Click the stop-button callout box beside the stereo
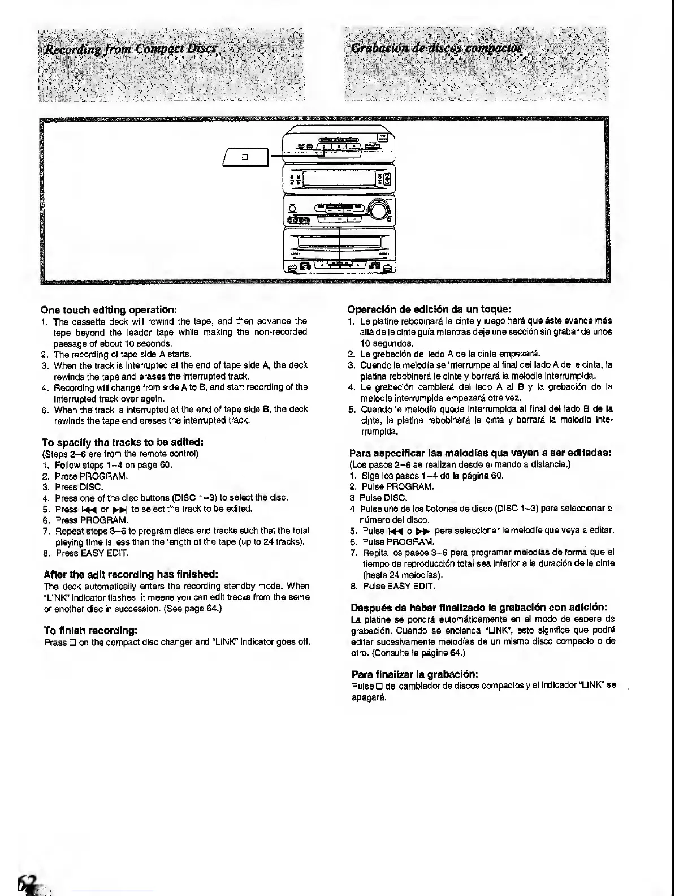pyautogui.click(x=246, y=156)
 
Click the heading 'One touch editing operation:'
pyautogui.click(x=110, y=310)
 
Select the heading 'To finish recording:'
pyautogui.click(x=91, y=630)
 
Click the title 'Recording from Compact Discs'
pyautogui.click(x=131, y=48)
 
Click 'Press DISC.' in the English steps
pyautogui.click(x=79, y=487)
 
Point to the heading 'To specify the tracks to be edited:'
pyautogui.click(x=123, y=442)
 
